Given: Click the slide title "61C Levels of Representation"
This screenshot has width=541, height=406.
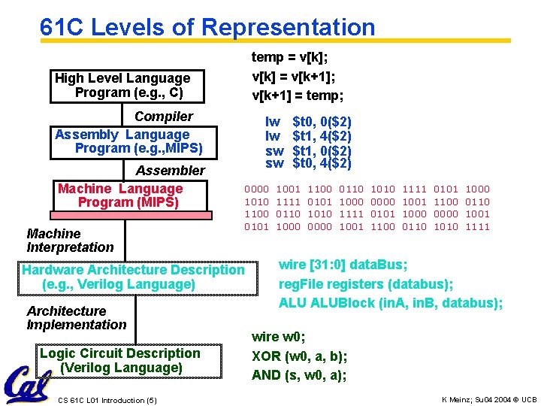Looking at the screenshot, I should coord(207,27).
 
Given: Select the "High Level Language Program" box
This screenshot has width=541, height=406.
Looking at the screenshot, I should coord(123,85).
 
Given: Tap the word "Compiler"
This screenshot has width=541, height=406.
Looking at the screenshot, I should coord(163,116).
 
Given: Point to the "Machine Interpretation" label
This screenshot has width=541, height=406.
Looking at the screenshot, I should coord(70,241).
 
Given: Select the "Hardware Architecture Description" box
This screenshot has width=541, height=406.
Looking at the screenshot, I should coord(134,277).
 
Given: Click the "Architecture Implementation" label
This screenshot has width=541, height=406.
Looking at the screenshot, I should coord(76,318).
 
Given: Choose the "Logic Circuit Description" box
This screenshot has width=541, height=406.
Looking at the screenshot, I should coord(120,360).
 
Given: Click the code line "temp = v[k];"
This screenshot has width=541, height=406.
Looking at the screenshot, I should coord(289,57).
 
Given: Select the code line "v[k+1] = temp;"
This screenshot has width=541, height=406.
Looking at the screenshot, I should coord(298,95).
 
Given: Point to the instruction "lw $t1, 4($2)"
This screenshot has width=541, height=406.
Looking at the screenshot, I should coord(308,135).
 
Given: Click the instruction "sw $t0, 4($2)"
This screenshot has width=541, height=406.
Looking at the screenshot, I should coord(308,163).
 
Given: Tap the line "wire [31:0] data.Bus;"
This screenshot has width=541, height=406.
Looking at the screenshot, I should coord(343,265).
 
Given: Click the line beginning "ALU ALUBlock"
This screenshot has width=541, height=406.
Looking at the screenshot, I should coord(390,303).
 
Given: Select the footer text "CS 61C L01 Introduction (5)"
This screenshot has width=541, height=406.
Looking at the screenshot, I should coord(107,399).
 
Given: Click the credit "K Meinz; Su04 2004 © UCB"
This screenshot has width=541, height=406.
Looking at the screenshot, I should coord(489,398).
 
